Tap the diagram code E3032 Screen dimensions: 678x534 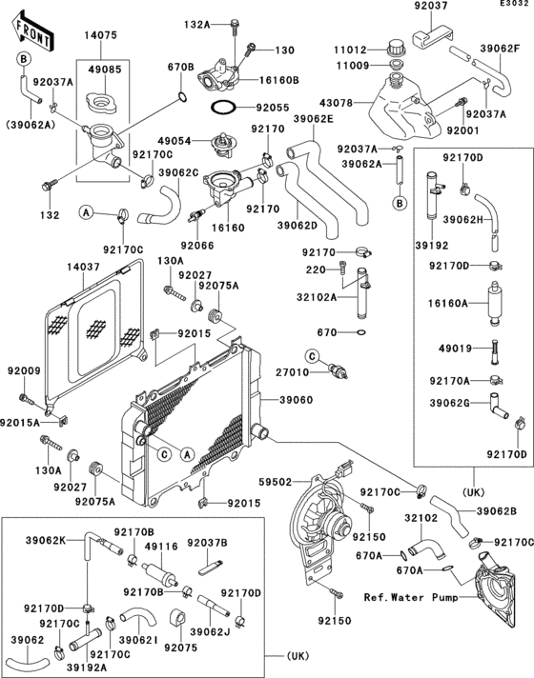513,5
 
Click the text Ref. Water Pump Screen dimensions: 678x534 407,598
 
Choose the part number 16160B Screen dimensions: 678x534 280,80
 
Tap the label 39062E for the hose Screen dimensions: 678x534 314,119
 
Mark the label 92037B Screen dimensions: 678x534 207,542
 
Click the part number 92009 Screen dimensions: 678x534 23,369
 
